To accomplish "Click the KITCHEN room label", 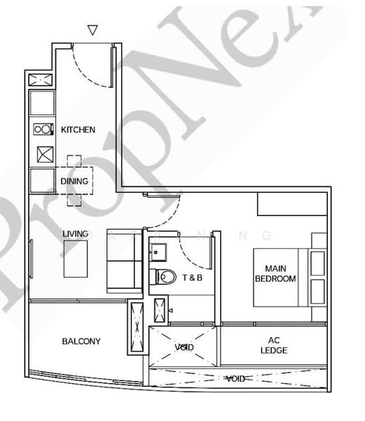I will pyautogui.click(x=78, y=130).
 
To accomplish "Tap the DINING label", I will pyautogui.click(x=74, y=181).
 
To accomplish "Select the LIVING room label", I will pyautogui.click(x=75, y=234).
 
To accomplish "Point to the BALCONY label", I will pyautogui.click(x=81, y=342).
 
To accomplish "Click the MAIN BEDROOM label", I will pyautogui.click(x=279, y=274).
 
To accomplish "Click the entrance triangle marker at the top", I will pyautogui.click(x=92, y=30).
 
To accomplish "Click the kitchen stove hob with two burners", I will pyautogui.click(x=42, y=130).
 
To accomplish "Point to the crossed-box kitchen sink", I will pyautogui.click(x=42, y=154).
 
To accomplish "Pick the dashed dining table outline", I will pyautogui.click(x=74, y=181).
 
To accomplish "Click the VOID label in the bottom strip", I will pyautogui.click(x=235, y=379).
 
